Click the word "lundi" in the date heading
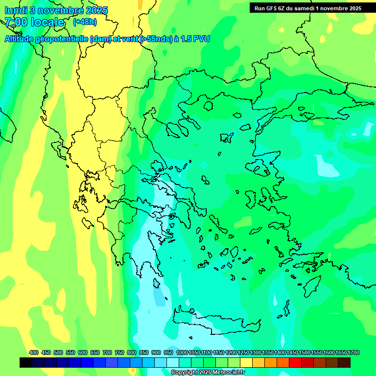coord(16,10)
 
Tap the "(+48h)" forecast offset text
coord(85,22)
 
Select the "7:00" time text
coord(16,22)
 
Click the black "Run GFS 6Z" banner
coord(307,8)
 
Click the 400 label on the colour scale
coord(34,352)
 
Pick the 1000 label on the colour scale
coord(182,352)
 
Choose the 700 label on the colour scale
coord(107,352)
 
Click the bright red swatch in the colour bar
coord(295,363)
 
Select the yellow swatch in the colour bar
coord(246,363)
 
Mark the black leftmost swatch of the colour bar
coord(26,363)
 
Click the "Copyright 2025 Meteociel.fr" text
coord(208,372)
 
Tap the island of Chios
coord(251,199)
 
